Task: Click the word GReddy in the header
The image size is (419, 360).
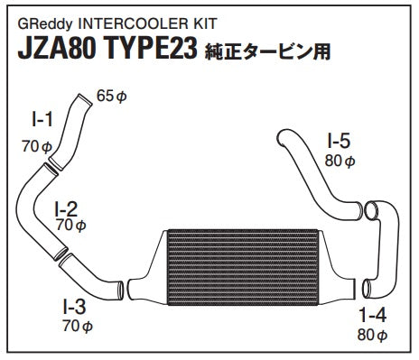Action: coord(45,24)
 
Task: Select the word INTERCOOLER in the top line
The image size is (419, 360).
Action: coord(131,23)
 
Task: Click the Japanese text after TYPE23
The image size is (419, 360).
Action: coord(267,51)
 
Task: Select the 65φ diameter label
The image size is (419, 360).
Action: coord(112,97)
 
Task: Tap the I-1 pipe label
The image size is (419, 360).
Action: coord(42,119)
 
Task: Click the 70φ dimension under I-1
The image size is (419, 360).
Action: coord(37,147)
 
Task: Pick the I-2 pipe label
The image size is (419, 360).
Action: coord(66,209)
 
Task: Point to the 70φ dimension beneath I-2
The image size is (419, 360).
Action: coord(71,226)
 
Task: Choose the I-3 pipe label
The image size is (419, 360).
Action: coord(74,307)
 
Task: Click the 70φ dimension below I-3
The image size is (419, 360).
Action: coord(78,325)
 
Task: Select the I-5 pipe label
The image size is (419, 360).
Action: coord(339,141)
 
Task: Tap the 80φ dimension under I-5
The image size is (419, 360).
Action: coord(340,162)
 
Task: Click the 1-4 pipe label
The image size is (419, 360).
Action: coord(372,315)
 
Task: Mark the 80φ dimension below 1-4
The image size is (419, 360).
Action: coord(372,335)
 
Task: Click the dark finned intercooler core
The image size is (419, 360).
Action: coord(243,268)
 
